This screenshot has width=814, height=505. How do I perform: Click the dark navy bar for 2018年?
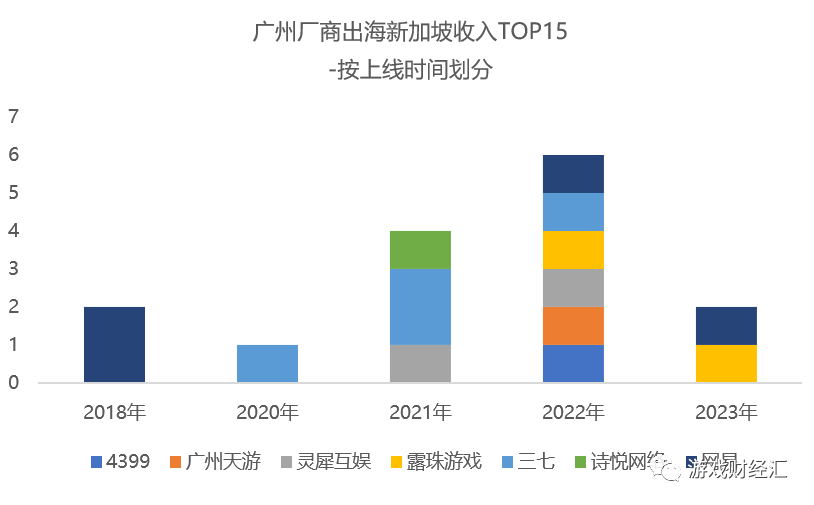click(x=114, y=344)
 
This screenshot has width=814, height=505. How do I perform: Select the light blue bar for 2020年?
click(x=267, y=363)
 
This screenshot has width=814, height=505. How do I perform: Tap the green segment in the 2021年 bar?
click(x=420, y=250)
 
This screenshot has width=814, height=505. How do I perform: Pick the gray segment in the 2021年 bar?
click(x=420, y=363)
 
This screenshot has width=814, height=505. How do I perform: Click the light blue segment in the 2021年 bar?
click(x=420, y=306)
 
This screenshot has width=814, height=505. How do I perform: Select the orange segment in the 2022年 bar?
click(x=573, y=325)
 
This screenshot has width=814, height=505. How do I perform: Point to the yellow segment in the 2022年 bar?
click(x=573, y=250)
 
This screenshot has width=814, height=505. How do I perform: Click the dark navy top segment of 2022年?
click(x=573, y=174)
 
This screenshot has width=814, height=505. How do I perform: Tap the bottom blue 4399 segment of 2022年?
click(x=573, y=363)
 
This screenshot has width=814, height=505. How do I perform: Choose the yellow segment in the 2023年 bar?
click(x=726, y=363)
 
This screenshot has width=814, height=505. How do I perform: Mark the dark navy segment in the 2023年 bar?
click(x=726, y=325)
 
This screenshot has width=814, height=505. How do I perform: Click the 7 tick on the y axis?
click(x=14, y=117)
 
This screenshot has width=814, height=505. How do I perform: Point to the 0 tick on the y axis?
click(x=14, y=382)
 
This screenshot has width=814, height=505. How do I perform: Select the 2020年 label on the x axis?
click(x=267, y=411)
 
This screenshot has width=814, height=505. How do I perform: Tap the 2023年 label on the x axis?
click(x=726, y=411)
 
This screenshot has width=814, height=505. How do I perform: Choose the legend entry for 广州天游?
click(x=221, y=461)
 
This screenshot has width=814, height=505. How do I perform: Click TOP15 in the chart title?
click(x=531, y=32)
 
